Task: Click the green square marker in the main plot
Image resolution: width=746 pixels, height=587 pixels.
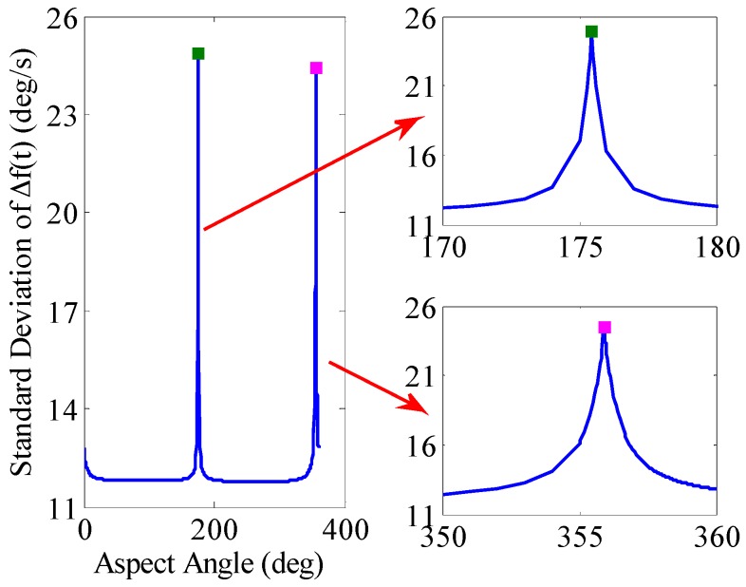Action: tap(197, 53)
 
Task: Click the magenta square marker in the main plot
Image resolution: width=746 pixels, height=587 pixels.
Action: tap(316, 67)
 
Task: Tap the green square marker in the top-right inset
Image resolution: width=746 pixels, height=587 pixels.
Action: tap(591, 31)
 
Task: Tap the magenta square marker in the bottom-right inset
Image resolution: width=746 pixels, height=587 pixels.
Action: tap(605, 327)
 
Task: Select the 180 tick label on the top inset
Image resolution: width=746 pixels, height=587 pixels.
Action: tap(714, 248)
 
